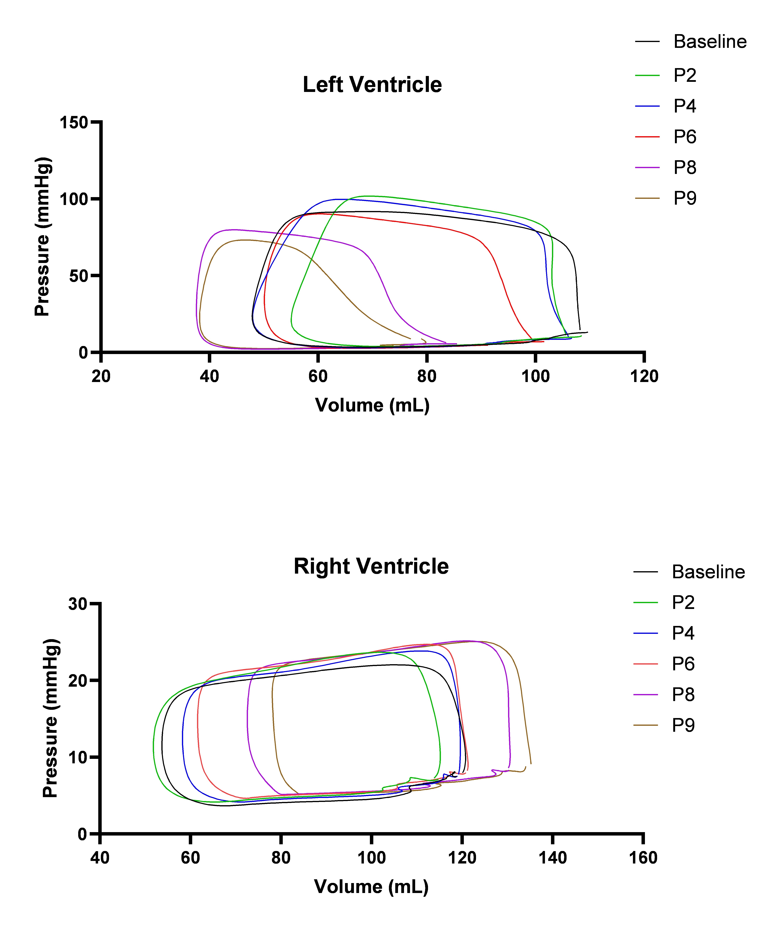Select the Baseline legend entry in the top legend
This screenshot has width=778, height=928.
tap(710, 42)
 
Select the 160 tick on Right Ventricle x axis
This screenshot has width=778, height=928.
tap(643, 858)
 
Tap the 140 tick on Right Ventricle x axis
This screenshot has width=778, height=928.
tap(552, 858)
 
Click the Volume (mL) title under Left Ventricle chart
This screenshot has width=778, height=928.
tap(372, 405)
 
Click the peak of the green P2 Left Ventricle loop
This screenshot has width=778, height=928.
tap(367, 196)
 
